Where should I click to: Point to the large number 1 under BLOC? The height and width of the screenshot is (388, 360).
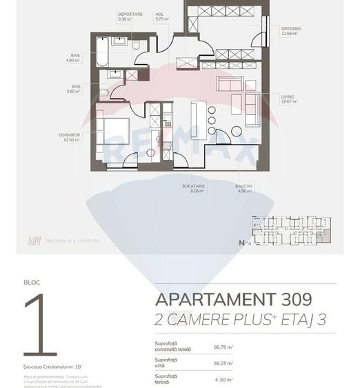(40, 323)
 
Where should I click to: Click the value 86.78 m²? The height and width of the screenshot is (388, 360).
(223, 347)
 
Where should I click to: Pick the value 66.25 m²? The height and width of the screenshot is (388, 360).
(223, 363)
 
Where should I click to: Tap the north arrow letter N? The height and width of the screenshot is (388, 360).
(241, 243)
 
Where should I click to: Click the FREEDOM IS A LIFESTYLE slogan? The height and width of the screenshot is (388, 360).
(72, 241)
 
